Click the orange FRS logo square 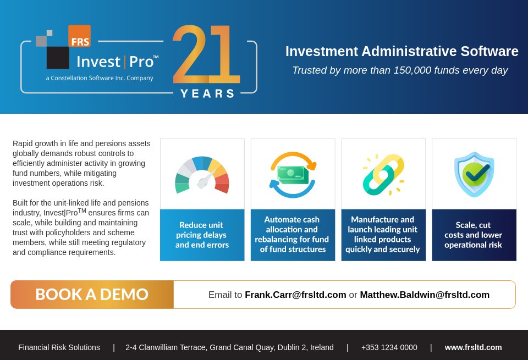[79, 36]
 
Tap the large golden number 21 [206, 54]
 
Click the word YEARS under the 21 [208, 93]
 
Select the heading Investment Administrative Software [402, 51]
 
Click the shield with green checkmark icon [474, 174]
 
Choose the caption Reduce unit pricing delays [202, 235]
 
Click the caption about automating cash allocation [293, 235]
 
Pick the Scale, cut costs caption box [474, 235]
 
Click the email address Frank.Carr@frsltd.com [295, 295]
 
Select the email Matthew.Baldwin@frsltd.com [424, 295]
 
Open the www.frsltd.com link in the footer [473, 347]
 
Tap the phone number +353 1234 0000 [389, 347]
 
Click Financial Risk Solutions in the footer [59, 347]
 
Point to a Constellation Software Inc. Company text [100, 78]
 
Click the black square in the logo [58, 58]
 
